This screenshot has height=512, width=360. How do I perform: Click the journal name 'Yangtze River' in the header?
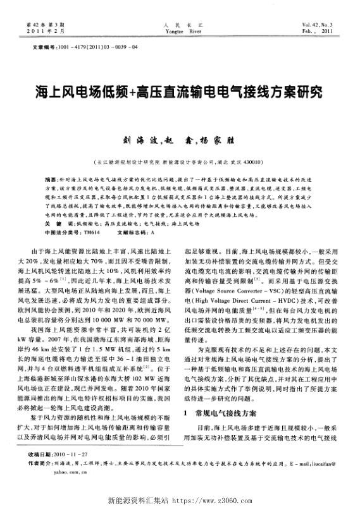point(179,30)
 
